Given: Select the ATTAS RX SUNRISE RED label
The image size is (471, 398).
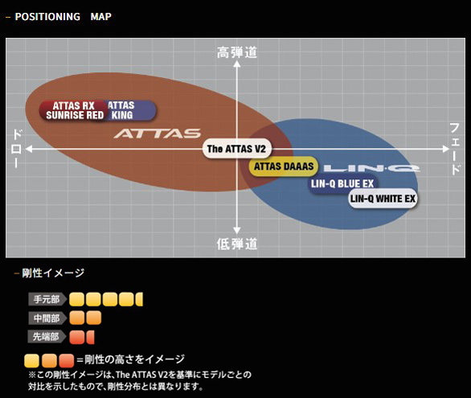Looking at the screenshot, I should coord(75,110).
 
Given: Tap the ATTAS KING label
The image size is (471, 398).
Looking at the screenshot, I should coord(121,110).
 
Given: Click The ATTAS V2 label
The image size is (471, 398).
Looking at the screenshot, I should coord(235,150).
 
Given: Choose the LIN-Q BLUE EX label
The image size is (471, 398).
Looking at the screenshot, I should coord(342,183).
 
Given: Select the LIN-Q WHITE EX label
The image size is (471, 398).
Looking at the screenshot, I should coord(384,198).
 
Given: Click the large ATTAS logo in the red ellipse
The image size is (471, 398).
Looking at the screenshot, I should coord(157,133).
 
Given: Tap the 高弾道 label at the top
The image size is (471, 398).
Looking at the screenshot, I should coord(237,53).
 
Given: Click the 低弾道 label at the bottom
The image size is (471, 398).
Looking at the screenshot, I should coord(237,243).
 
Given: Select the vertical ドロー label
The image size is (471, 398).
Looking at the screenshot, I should coord(15,149).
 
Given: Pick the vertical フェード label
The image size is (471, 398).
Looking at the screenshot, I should coord(455,149).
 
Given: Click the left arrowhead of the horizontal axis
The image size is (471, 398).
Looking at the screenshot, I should coord(29,149).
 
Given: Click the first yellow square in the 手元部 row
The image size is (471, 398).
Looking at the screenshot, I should coord(77,299).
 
